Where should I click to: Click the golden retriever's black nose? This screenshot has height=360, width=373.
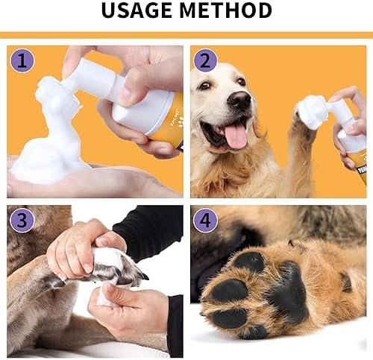point(239,101)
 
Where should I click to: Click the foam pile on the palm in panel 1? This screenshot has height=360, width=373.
point(45,149)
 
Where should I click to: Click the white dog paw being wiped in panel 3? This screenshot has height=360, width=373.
point(119,266)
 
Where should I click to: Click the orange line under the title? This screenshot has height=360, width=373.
point(186,34)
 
